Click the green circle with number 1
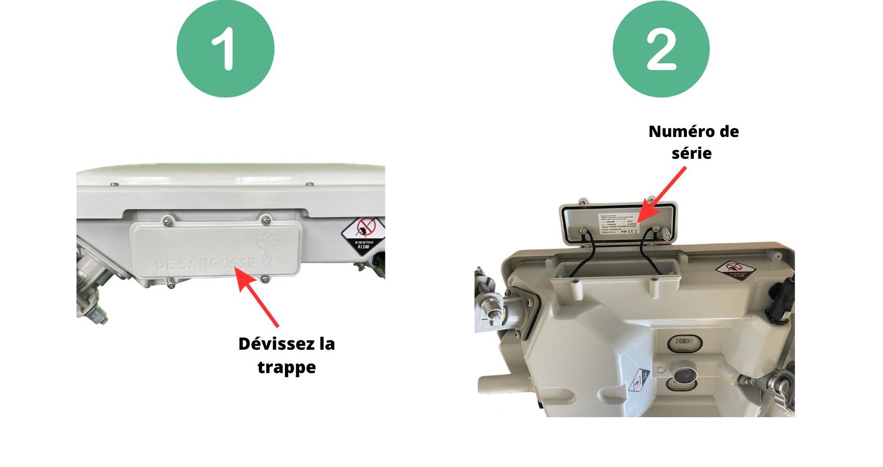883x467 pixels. pos(225,49)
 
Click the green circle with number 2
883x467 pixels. pos(661,49)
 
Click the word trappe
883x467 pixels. pos(286,367)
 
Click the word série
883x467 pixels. pos(691,154)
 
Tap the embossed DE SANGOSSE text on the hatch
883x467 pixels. pos(205,264)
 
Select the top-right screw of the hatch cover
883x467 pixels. pos(265,219)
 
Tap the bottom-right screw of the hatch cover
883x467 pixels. pos(265,278)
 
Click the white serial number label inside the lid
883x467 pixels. pos(617,224)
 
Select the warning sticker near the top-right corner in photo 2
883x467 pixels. pos(735,270)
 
